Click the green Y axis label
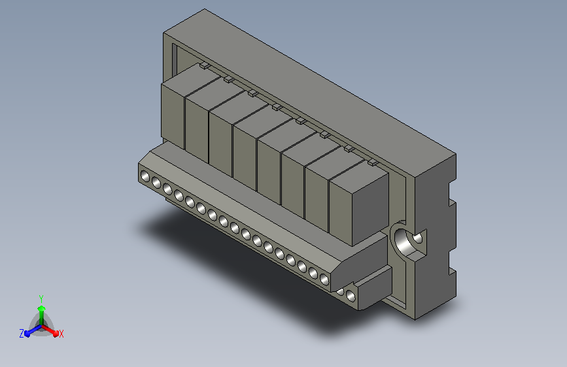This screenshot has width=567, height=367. pos(41,298)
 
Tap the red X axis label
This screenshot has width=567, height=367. pos(61,334)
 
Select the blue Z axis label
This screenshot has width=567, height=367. pos(22,334)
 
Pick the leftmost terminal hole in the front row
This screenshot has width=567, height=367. pos(145,176)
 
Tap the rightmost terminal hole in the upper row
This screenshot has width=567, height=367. pos(324,279)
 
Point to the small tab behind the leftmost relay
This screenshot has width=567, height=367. pos(204,65)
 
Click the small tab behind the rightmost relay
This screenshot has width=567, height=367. pos(373,163)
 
